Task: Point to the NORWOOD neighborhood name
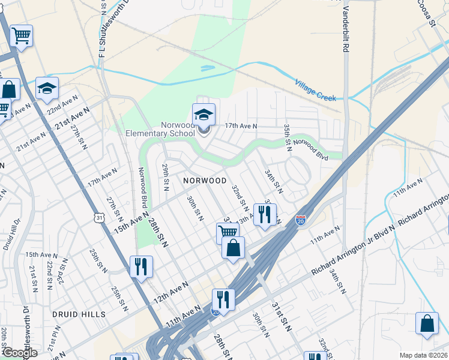[x=205, y=181]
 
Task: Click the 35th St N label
[x=288, y=138]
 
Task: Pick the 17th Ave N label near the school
[x=241, y=126]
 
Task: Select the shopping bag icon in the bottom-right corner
[x=426, y=323]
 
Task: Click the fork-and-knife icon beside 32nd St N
[x=265, y=214]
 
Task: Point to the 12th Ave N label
[x=170, y=291]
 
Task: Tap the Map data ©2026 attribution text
[x=424, y=355]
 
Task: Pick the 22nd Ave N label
[x=63, y=104]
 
